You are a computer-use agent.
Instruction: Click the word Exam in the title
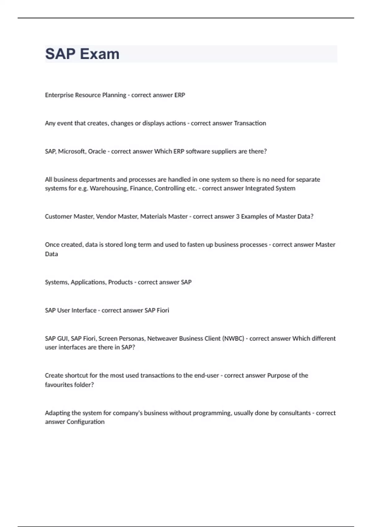click(100, 54)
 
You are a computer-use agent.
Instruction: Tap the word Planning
click(114, 95)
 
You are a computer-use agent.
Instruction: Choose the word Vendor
click(106, 216)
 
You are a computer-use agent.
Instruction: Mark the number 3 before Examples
click(238, 216)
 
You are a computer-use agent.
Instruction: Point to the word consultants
click(294, 413)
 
